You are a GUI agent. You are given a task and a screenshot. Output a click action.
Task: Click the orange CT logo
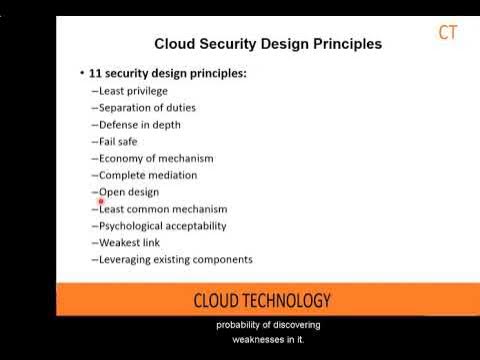click(448, 32)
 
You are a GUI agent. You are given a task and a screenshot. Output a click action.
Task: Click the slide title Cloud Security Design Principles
click(267, 44)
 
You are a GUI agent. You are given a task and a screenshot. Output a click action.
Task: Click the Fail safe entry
click(119, 141)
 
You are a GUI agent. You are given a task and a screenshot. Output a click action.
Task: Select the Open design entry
click(128, 192)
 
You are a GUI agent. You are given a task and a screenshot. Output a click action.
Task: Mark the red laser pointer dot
click(102, 201)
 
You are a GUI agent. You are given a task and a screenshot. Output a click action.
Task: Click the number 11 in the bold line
click(97, 73)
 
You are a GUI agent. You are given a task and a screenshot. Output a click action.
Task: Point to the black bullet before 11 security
click(81, 73)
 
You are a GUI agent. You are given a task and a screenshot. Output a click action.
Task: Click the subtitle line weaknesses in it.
click(267, 339)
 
